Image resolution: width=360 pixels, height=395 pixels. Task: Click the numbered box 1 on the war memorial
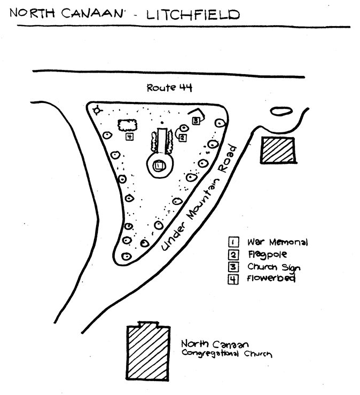(159, 167)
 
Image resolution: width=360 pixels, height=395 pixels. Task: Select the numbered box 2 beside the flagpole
(182, 138)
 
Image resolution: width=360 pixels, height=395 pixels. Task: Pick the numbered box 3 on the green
(196, 121)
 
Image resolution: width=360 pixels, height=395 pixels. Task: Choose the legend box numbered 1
(233, 242)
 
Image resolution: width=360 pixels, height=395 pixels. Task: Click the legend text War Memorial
(278, 242)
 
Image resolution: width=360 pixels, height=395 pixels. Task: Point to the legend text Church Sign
(274, 267)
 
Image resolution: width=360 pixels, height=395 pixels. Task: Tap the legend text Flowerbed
(271, 279)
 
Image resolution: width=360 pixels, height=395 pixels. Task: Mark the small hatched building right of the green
(278, 150)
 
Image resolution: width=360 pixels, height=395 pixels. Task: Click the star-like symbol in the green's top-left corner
(97, 110)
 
